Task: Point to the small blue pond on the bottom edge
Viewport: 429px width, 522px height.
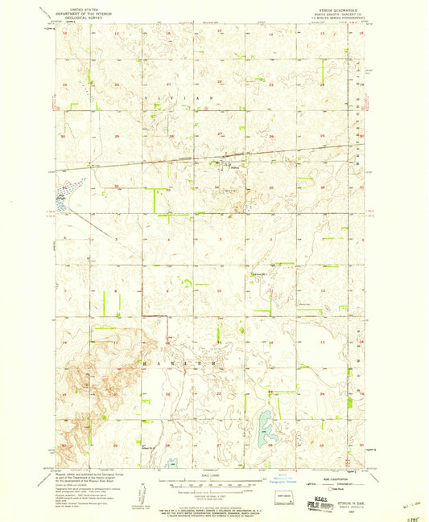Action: (171, 462)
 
